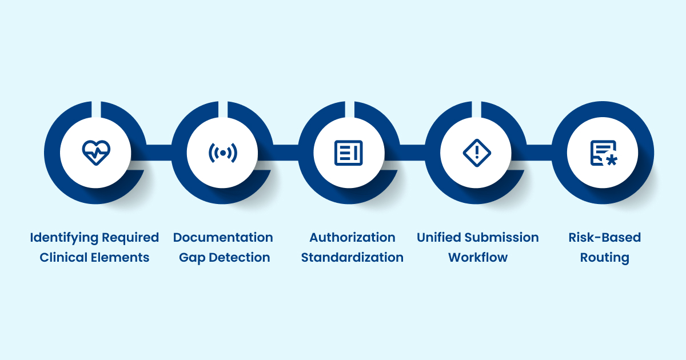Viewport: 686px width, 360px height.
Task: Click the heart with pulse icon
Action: click(x=96, y=153)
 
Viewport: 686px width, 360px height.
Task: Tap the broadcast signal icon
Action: click(x=222, y=153)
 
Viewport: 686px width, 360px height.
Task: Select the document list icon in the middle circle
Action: click(x=349, y=153)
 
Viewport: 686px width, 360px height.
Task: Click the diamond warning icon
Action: click(x=477, y=153)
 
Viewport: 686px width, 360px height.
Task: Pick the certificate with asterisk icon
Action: click(x=604, y=153)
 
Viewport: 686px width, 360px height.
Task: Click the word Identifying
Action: click(x=64, y=238)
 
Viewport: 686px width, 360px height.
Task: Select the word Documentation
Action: click(x=223, y=238)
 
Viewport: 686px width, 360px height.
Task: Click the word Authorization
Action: click(x=352, y=238)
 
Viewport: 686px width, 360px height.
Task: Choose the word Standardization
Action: click(x=352, y=258)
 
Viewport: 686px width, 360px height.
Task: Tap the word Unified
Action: click(x=439, y=238)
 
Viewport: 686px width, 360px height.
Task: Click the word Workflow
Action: click(x=478, y=258)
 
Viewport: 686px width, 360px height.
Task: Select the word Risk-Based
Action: click(x=605, y=238)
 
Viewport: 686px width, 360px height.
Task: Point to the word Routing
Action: click(x=605, y=258)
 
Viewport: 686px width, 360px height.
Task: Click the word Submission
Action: click(x=502, y=238)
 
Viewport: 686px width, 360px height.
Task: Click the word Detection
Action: click(x=240, y=258)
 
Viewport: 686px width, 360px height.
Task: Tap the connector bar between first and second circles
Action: click(x=159, y=153)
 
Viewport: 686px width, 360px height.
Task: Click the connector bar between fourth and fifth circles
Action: click(x=539, y=153)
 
